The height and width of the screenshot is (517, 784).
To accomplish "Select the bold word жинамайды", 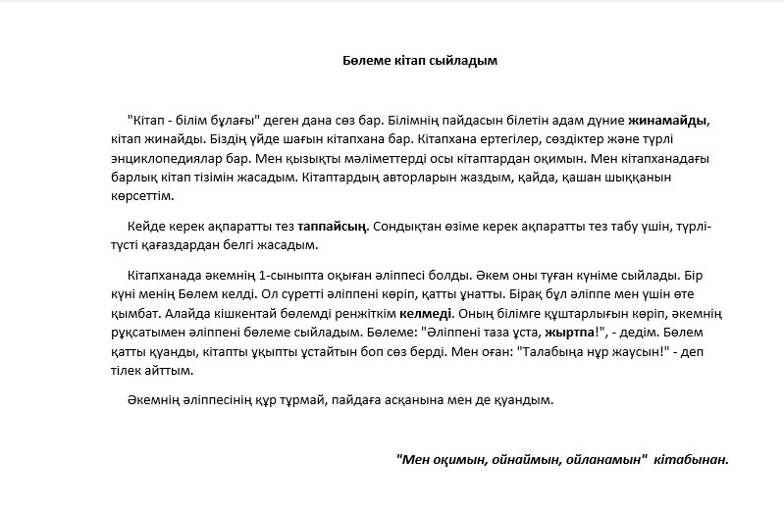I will (x=667, y=122).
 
